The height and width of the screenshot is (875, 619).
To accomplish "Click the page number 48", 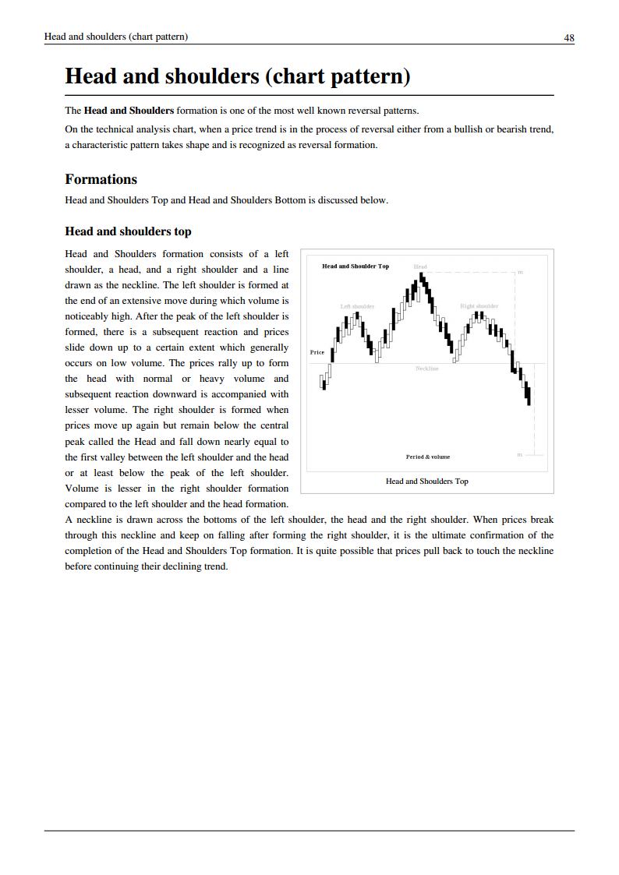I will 569,37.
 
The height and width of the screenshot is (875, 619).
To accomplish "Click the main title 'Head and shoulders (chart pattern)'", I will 237,76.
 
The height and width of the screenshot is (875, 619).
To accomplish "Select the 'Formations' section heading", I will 101,179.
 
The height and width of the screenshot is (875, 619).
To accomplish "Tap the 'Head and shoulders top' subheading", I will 128,231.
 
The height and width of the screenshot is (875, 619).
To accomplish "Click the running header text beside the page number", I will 115,37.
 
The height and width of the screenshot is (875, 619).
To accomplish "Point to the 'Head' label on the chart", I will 420,266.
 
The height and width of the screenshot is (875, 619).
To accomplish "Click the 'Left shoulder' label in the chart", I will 357,306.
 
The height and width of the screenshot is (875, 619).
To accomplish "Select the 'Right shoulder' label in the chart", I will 479,306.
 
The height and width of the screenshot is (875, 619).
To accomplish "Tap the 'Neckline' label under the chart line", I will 426,369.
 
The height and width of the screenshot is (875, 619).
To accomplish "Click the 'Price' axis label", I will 317,352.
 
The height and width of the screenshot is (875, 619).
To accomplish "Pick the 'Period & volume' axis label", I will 427,457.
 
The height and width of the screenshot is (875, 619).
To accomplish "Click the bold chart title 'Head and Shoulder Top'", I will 355,266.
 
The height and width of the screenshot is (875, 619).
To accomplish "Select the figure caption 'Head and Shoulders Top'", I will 426,482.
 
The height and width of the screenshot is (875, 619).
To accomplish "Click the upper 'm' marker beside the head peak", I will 520,272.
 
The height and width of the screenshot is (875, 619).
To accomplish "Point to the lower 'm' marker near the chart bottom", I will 519,454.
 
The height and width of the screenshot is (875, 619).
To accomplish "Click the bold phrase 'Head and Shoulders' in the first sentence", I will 129,111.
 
